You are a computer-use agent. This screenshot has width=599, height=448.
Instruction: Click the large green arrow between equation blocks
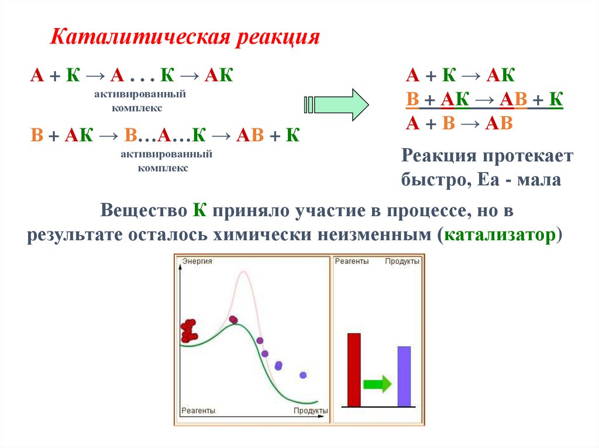[x=336, y=105]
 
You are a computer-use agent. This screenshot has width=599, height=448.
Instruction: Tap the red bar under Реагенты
[x=354, y=369]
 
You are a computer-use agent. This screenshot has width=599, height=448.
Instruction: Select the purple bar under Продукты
[x=404, y=376]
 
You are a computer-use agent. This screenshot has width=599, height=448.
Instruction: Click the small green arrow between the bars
[x=377, y=384]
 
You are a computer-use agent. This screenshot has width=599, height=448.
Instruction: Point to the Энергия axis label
[x=197, y=261]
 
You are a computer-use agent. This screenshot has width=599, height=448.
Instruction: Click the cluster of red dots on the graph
[x=189, y=331]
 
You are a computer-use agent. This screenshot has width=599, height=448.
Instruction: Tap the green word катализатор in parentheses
[x=499, y=235]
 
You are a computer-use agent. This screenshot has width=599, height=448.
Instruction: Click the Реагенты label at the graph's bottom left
[x=198, y=411]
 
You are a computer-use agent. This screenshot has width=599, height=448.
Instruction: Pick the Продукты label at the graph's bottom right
[x=310, y=411]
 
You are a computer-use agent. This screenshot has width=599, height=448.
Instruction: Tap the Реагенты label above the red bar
[x=352, y=261]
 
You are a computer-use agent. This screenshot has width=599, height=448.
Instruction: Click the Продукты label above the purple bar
[x=402, y=261]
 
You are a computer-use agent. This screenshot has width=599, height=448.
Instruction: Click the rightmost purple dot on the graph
[x=303, y=375]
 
